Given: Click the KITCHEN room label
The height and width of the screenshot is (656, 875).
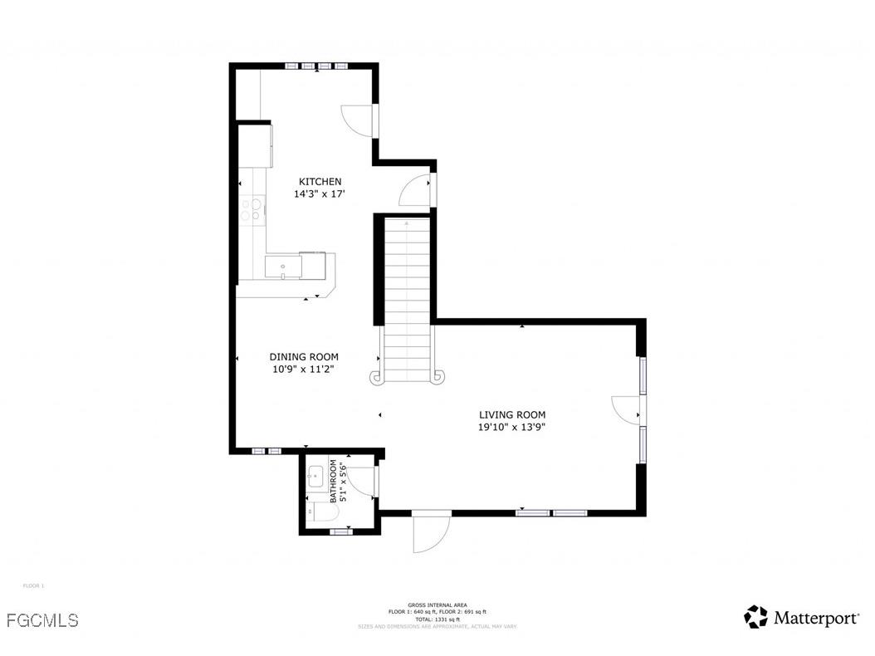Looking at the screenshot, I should click(320, 182).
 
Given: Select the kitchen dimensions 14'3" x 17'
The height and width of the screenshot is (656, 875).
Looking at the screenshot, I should click(320, 194).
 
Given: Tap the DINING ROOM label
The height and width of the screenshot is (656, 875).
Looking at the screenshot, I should click(304, 357).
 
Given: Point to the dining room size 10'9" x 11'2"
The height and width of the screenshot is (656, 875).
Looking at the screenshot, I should click(304, 370).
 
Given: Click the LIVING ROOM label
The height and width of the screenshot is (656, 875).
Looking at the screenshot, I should click(512, 415).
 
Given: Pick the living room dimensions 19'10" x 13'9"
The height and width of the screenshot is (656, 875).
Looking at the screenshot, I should click(512, 428).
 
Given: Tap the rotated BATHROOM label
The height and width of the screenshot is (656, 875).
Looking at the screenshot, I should click(338, 482).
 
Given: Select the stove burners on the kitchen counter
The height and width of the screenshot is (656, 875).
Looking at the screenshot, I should click(252, 208).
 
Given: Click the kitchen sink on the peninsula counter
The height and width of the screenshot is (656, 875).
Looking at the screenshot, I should click(283, 267).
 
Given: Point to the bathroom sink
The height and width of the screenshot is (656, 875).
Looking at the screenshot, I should click(315, 477).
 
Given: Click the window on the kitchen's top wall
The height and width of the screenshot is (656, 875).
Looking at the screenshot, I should click(318, 66).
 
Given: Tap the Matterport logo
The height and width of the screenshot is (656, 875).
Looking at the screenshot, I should click(801, 617).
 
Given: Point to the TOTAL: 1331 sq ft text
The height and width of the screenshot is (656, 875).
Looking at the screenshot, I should click(437, 619).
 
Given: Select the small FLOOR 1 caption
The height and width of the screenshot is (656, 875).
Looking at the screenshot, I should click(33, 586).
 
